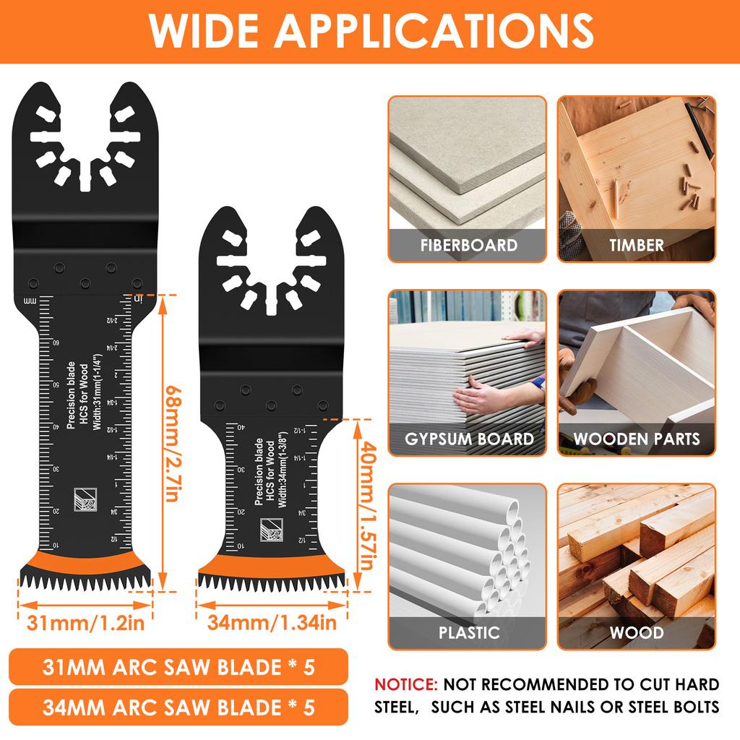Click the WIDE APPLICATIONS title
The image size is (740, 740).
click(370, 30)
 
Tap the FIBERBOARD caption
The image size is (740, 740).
click(468, 245)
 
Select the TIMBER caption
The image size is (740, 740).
click(636, 245)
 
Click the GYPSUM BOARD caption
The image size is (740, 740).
click(468, 439)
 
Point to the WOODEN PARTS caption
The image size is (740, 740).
click(636, 439)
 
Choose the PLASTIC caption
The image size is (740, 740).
click(468, 632)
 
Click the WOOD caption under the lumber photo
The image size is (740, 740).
click(636, 632)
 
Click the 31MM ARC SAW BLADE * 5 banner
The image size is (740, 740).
click(179, 666)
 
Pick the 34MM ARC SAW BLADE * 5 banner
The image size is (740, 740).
click(179, 705)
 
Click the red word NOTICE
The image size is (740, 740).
click(405, 684)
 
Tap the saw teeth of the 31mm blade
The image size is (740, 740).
click(85, 580)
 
